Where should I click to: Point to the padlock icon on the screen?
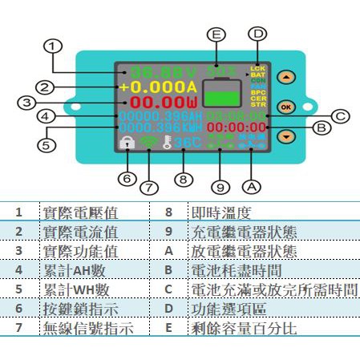tap(127, 143)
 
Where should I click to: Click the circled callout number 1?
tap(52, 47)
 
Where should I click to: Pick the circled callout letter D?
tap(257, 34)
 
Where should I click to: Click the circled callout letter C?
tap(340, 116)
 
